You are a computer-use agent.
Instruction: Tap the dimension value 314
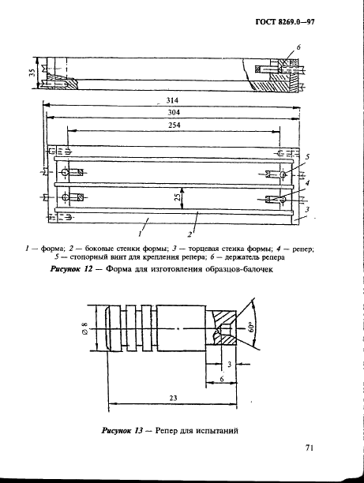[x=171, y=101]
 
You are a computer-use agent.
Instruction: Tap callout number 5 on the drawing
[x=307, y=157]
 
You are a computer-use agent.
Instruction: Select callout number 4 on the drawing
[x=307, y=182]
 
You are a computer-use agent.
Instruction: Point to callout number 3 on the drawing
[x=307, y=208]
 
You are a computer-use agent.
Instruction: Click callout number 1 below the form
[x=139, y=235]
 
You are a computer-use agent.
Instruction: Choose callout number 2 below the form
[x=190, y=235]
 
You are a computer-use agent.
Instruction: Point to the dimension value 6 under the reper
[x=222, y=379]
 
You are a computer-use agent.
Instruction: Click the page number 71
[x=310, y=448]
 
